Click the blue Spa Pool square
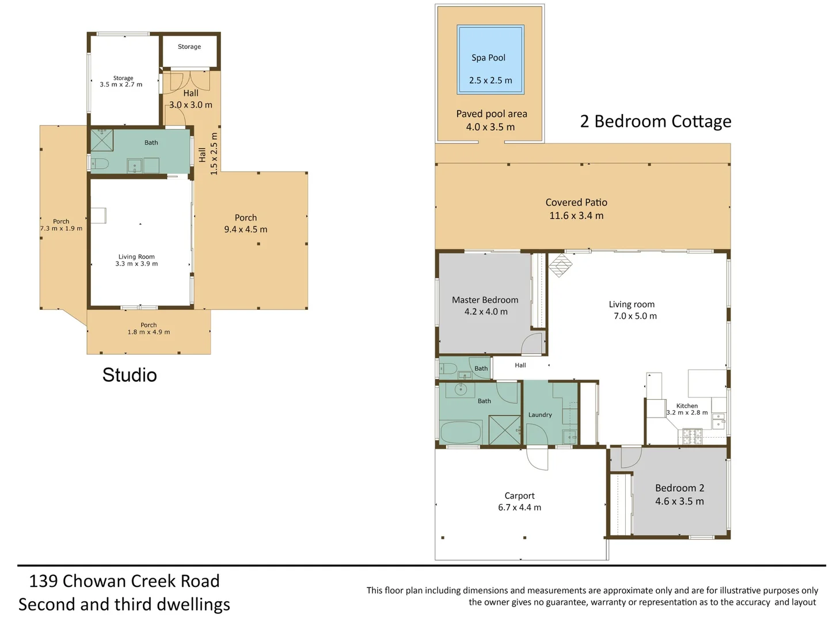(x=490, y=59)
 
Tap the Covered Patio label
(x=576, y=202)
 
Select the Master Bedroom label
(x=485, y=300)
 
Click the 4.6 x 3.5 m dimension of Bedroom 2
(x=679, y=501)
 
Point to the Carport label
(x=519, y=495)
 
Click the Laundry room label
(x=539, y=415)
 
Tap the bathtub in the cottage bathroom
(x=461, y=432)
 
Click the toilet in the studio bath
(x=100, y=164)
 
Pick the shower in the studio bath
(x=102, y=140)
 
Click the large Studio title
(x=130, y=375)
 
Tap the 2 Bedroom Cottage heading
(x=655, y=121)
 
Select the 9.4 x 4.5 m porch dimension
(x=245, y=229)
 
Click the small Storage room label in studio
(x=189, y=47)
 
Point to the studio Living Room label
(x=136, y=257)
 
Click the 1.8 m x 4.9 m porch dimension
(x=149, y=332)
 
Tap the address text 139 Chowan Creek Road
(x=124, y=581)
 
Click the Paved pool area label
(x=492, y=114)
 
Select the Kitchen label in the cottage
(x=687, y=405)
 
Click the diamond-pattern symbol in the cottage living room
(x=561, y=265)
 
